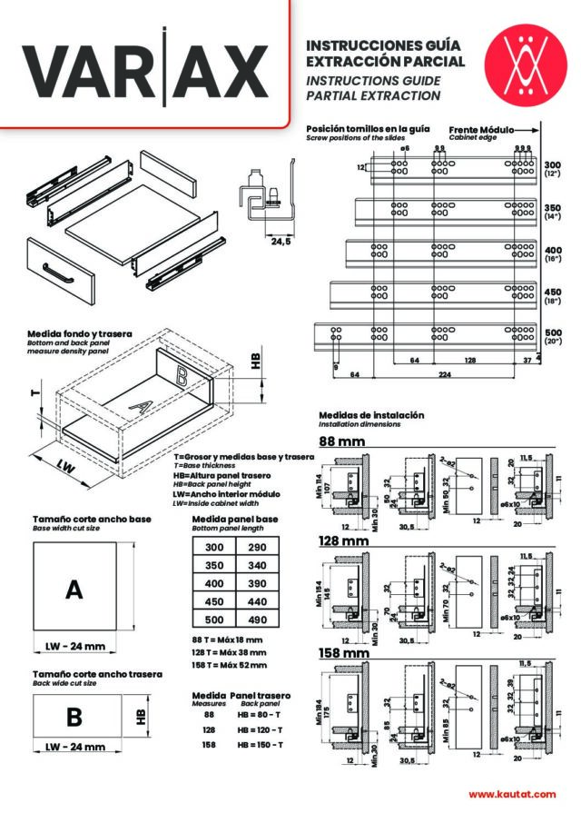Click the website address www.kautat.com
[x=512, y=794]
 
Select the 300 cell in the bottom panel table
[x=214, y=547]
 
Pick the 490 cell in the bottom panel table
[x=257, y=620]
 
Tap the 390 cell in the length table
[x=257, y=583]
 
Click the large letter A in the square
[x=74, y=590]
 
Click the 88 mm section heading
[x=342, y=442]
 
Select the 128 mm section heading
[x=344, y=541]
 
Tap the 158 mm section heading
[x=344, y=653]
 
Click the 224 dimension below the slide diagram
[x=445, y=372]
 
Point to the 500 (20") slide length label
[x=553, y=337]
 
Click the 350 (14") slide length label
[x=553, y=212]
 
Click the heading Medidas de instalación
[x=371, y=415]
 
